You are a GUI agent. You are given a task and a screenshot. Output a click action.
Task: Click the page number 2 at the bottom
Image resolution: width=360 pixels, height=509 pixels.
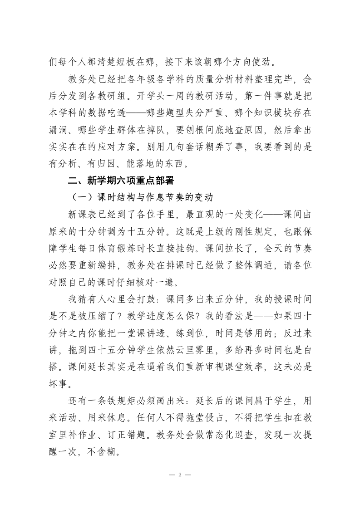pyautogui.click(x=180, y=475)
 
